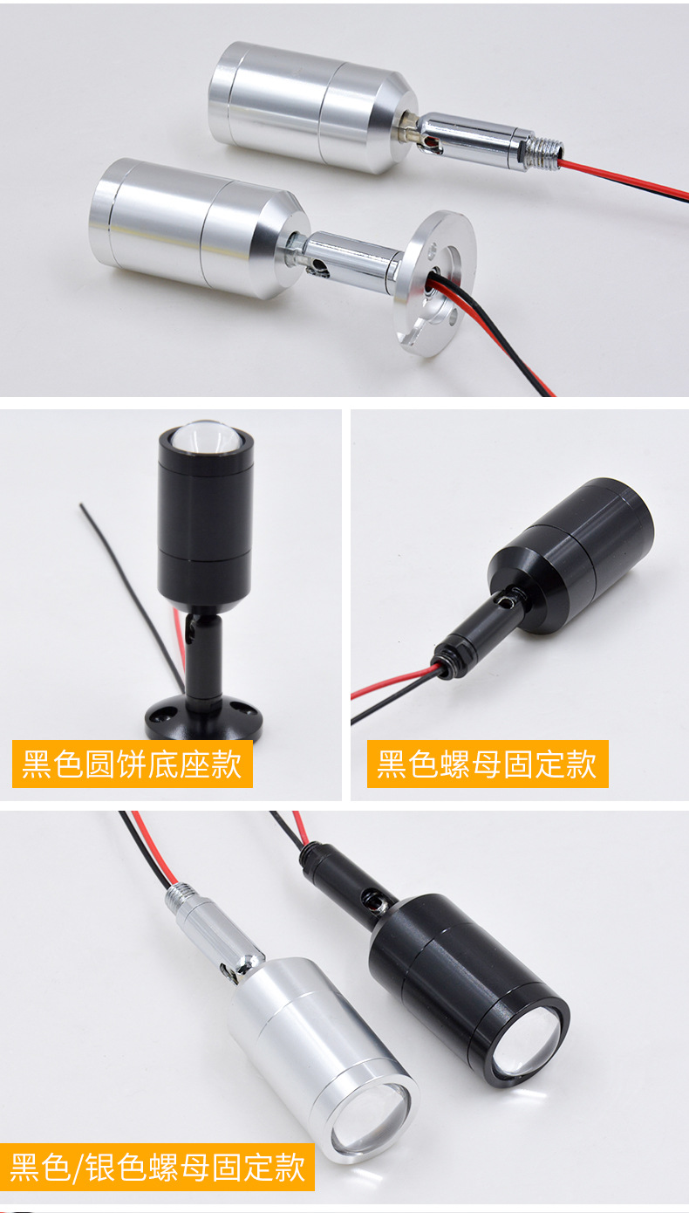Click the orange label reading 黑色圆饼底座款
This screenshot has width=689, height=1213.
(x=132, y=764)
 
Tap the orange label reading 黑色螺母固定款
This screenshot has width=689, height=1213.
(x=487, y=764)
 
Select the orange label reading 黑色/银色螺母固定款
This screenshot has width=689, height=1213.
(x=158, y=1167)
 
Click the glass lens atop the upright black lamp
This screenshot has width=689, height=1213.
(x=206, y=435)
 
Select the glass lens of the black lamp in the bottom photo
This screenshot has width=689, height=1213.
(x=526, y=1043)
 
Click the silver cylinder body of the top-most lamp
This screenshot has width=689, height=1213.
(x=305, y=105)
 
